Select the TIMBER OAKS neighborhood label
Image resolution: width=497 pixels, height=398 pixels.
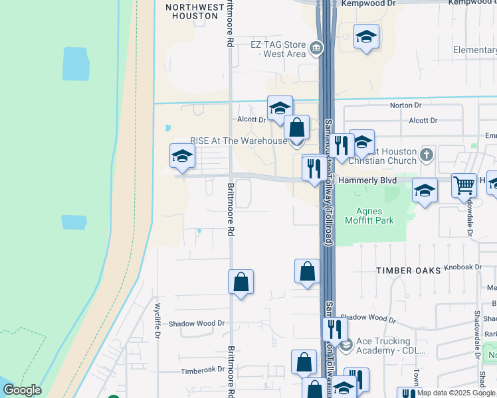pyautogui.click(x=409, y=271)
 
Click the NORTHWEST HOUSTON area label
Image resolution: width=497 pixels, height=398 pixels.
pyautogui.click(x=195, y=11)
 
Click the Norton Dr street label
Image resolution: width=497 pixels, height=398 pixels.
pyautogui.click(x=406, y=105)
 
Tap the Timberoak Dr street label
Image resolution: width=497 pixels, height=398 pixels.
pyautogui.click(x=201, y=372)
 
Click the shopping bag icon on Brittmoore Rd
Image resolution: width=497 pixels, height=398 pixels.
pyautogui.click(x=241, y=282)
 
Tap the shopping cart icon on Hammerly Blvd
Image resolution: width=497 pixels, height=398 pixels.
pyautogui.click(x=464, y=184)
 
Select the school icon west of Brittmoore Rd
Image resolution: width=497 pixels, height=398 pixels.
pyautogui.click(x=181, y=156)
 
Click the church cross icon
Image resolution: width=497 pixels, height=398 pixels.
pyautogui.click(x=427, y=155)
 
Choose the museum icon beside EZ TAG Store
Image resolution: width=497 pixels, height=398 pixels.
pyautogui.click(x=316, y=48)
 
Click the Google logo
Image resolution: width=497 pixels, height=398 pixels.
pyautogui.click(x=22, y=390)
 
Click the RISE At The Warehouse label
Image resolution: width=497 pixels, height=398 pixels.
pyautogui.click(x=239, y=141)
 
